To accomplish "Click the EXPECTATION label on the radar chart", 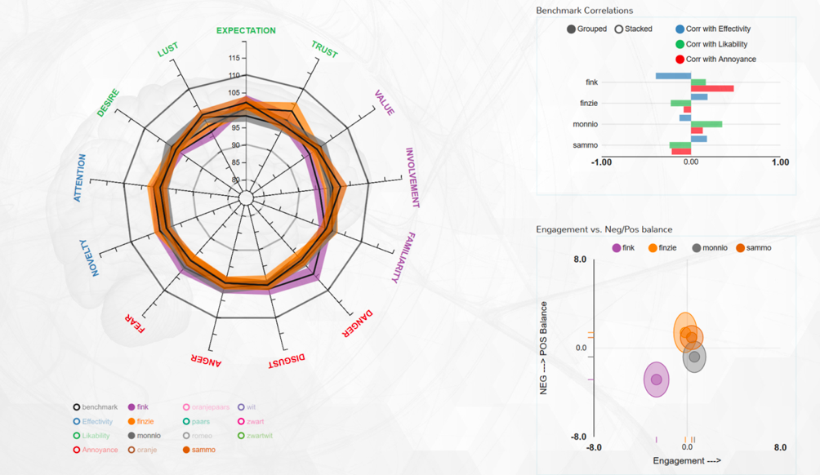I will pyautogui.click(x=246, y=31).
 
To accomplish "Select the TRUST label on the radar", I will pyautogui.click(x=324, y=49).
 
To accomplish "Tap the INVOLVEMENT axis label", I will pyautogui.click(x=413, y=178).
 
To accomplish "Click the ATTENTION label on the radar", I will pyautogui.click(x=79, y=178).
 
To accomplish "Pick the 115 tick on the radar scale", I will pyautogui.click(x=234, y=58).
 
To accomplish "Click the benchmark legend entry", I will pyautogui.click(x=95, y=407).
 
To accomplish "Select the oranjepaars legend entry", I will pyautogui.click(x=207, y=407).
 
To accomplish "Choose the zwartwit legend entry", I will pyautogui.click(x=255, y=436).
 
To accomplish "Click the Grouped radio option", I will pyautogui.click(x=586, y=29).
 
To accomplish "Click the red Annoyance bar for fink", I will pyautogui.click(x=712, y=88).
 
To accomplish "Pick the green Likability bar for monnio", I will pyautogui.click(x=706, y=124).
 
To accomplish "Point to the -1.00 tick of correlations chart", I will pyautogui.click(x=602, y=162).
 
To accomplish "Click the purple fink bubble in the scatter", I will pyautogui.click(x=656, y=380).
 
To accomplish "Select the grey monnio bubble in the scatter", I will pyautogui.click(x=694, y=357).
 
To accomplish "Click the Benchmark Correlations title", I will pyautogui.click(x=584, y=11).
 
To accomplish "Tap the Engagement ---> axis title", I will pyautogui.click(x=686, y=461).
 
